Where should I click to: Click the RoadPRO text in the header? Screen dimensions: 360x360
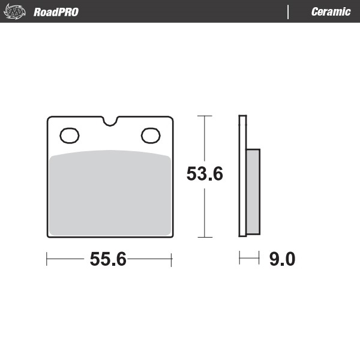pyautogui.click(x=56, y=12)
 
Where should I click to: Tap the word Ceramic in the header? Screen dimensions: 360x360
pyautogui.click(x=331, y=12)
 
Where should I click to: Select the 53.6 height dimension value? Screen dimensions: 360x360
pyautogui.click(x=205, y=174)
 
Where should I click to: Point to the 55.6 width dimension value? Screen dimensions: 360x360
pyautogui.click(x=108, y=259)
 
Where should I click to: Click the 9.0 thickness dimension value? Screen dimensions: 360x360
pyautogui.click(x=282, y=259)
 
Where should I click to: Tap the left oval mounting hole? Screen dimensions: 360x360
pyautogui.click(x=69, y=136)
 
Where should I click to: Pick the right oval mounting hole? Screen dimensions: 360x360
pyautogui.click(x=151, y=136)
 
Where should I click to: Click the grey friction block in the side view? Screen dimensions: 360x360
pyautogui.click(x=253, y=192)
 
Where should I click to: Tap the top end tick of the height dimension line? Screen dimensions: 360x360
pyautogui.click(x=205, y=115)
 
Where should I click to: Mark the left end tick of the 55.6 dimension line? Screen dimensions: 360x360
pyautogui.click(x=47, y=259)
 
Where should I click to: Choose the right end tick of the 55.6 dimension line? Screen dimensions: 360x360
pyautogui.click(x=172, y=259)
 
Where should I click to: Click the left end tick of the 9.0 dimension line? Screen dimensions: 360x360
pyautogui.click(x=239, y=259)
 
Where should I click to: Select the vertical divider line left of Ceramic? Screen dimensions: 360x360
pyautogui.click(x=289, y=12)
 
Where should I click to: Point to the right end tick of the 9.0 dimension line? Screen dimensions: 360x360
pyautogui.click(x=260, y=259)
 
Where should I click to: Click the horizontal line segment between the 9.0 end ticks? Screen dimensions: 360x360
pyautogui.click(x=250, y=259)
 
